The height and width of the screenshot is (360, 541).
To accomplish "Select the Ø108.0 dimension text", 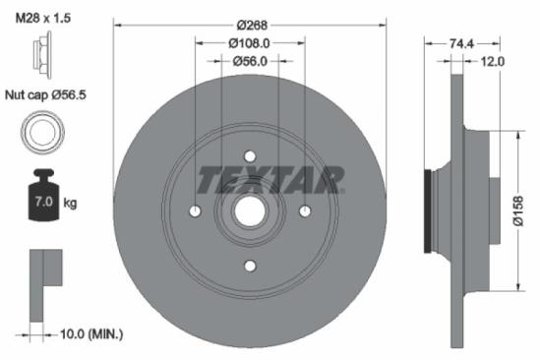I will tap(250, 43).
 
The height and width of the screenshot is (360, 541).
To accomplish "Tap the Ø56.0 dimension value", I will tap(250, 61).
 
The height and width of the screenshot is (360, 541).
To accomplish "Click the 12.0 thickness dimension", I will tap(493, 61).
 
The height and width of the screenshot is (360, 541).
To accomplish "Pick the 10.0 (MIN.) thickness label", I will tap(88, 334).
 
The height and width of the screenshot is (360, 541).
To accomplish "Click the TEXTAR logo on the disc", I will tap(271, 179).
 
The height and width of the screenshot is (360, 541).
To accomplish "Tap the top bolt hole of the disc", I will tap(250, 156).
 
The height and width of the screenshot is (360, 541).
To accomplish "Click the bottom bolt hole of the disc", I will tap(250, 265).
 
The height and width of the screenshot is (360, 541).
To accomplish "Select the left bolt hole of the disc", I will tap(196, 210).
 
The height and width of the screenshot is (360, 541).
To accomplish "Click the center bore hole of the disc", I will tap(250, 210).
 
